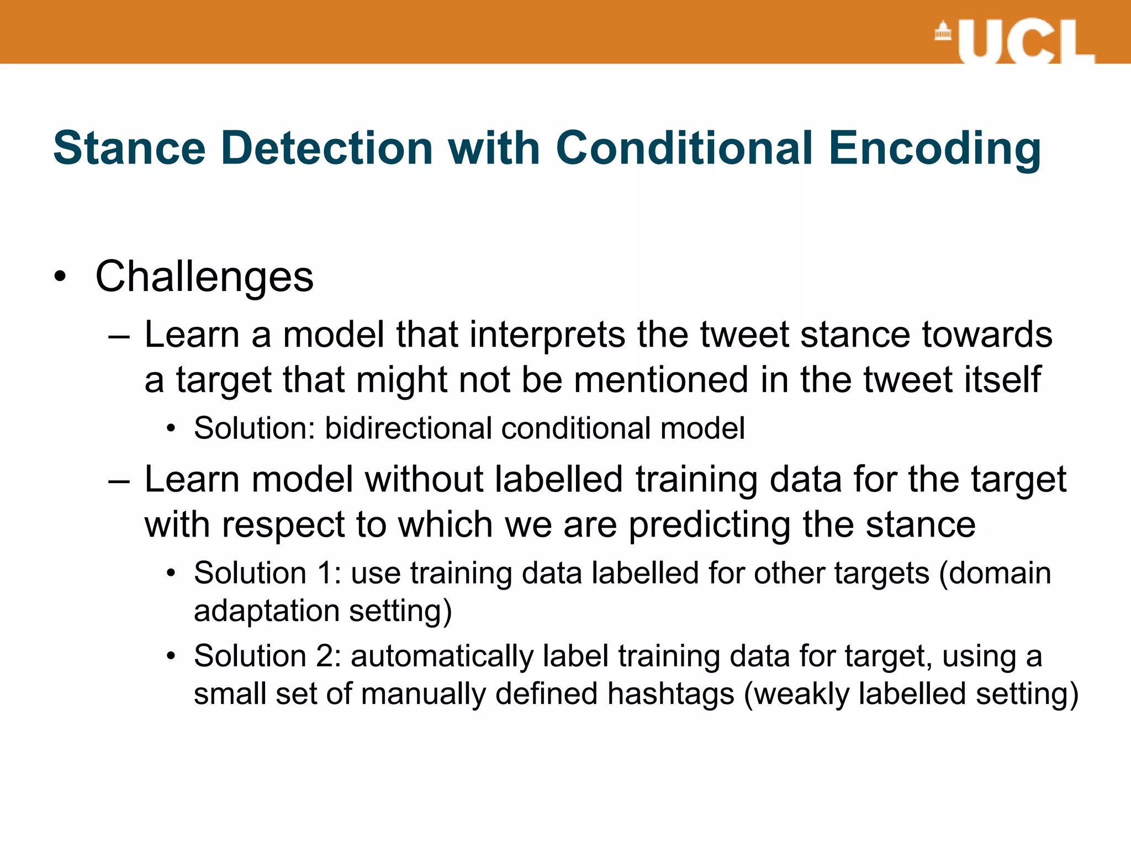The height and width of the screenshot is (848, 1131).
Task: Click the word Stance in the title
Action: pos(130,148)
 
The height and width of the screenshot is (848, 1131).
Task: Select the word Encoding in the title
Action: pos(934,149)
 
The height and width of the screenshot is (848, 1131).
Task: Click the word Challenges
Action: pos(204,277)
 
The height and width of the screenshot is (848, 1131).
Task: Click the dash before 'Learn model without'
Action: pos(119,480)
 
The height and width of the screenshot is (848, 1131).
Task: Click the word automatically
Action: pos(442,657)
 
